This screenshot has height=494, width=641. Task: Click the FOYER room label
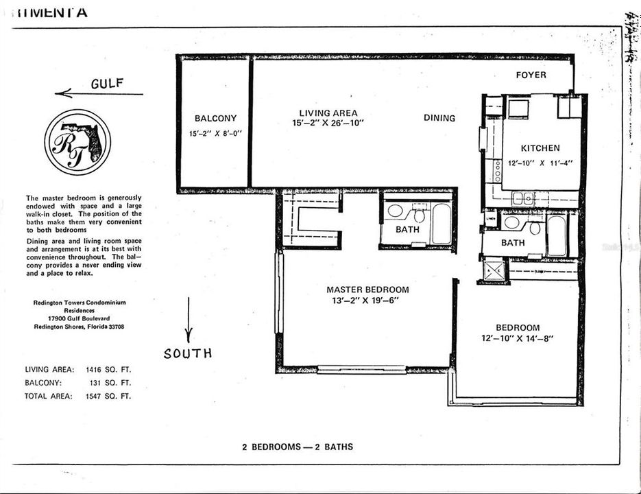point(531,75)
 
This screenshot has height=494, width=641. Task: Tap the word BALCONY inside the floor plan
point(215,118)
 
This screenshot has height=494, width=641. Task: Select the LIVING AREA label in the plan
point(328,113)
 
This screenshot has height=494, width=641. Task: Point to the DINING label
point(439,118)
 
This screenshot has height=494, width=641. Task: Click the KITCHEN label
point(540,148)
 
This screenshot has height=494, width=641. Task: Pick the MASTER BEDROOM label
point(367,290)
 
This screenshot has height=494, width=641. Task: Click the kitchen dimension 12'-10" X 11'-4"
point(540,163)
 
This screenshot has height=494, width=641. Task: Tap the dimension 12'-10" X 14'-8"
point(518,338)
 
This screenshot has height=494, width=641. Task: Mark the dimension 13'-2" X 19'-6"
point(367,301)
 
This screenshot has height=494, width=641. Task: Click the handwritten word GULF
point(107,84)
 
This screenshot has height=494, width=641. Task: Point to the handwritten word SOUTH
point(187,354)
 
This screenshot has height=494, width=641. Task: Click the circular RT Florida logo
point(77,143)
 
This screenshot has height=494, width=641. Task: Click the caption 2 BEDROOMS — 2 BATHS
point(298,447)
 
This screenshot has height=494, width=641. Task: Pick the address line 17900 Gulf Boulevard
point(80,319)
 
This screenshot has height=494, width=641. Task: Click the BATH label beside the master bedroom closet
point(407,230)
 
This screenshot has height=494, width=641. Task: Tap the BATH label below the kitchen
point(513,243)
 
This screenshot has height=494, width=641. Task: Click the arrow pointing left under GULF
point(99,94)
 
